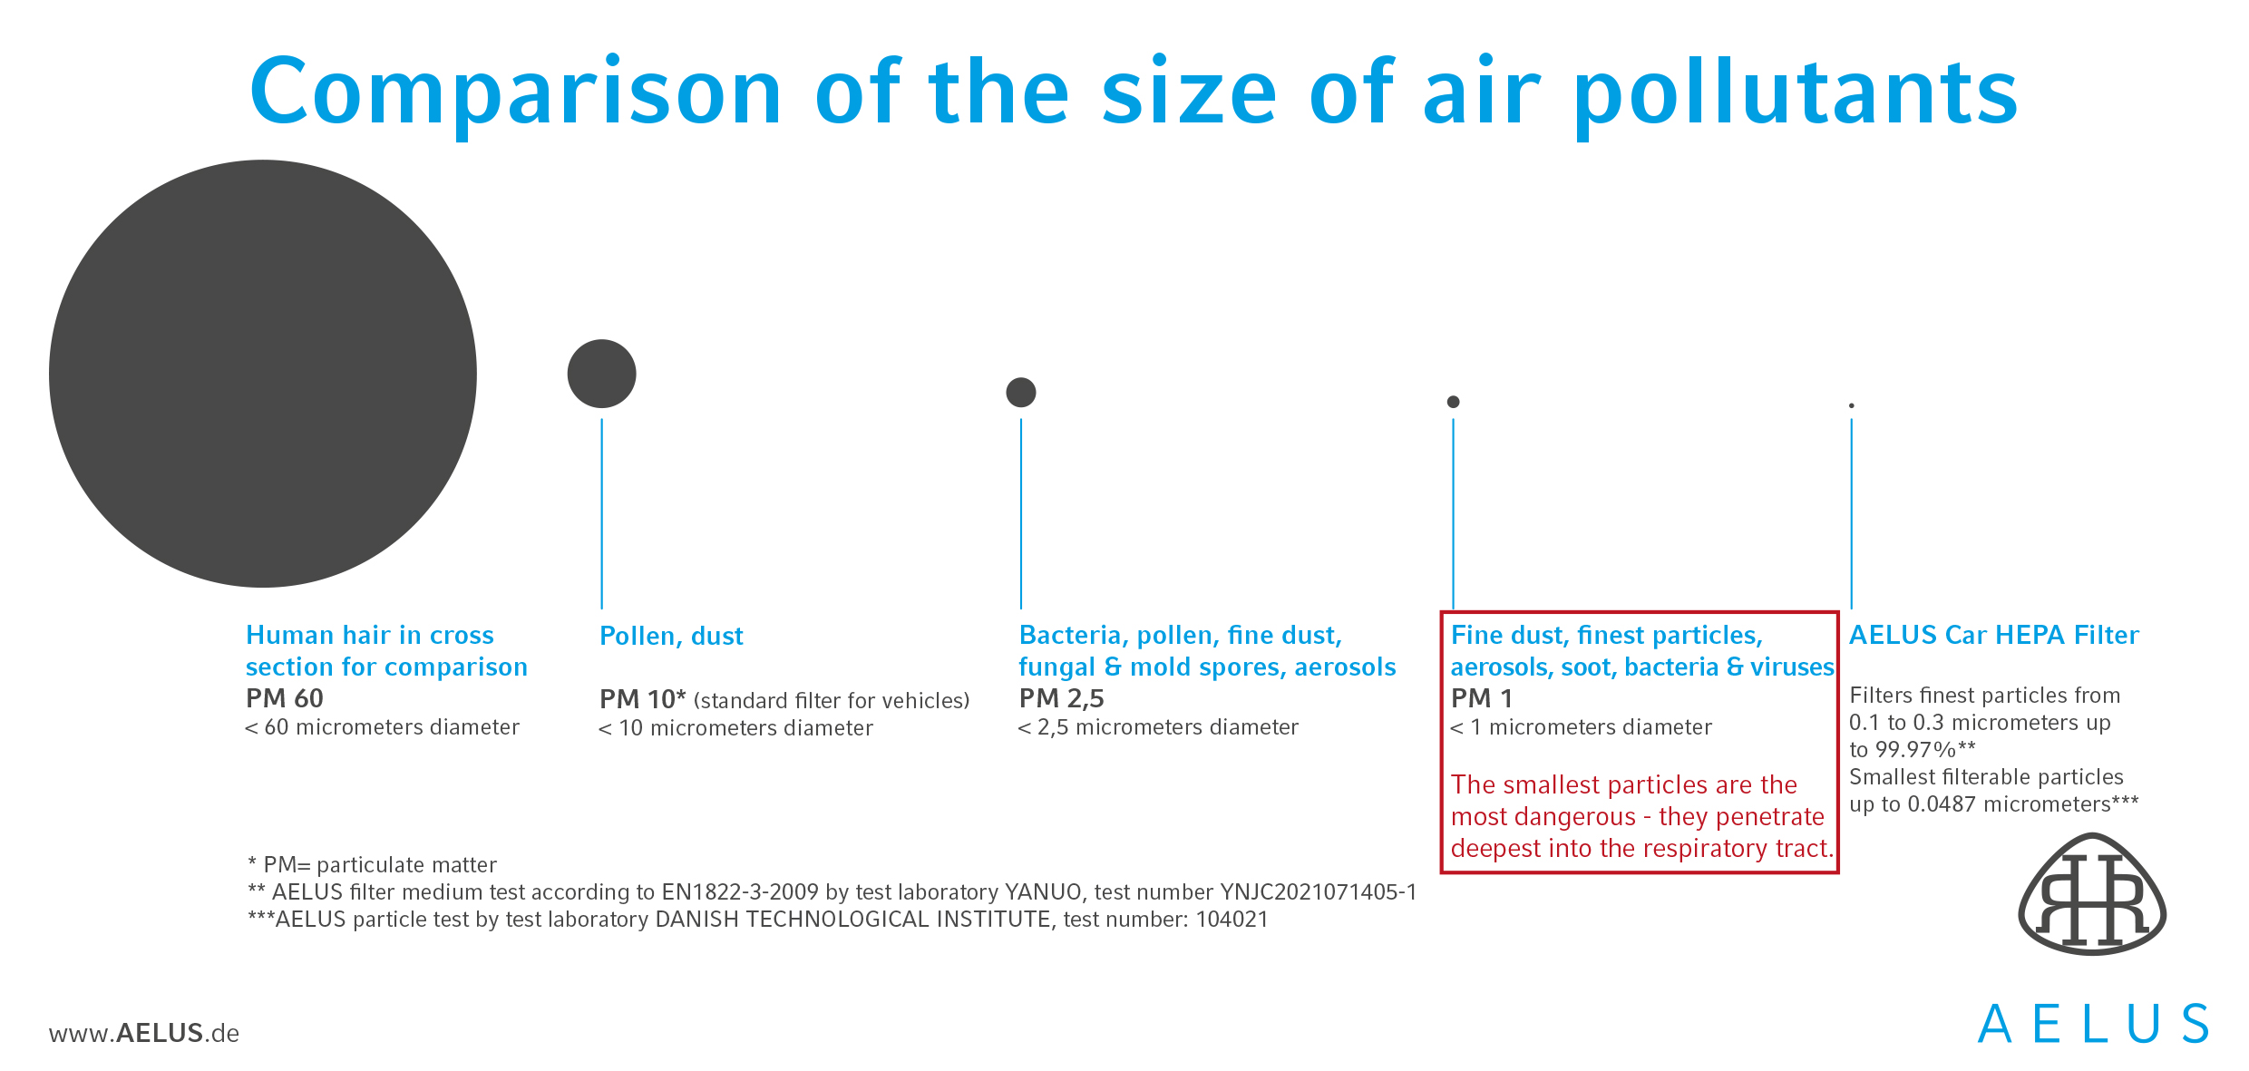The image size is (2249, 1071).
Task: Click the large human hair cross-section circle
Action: pos(263,374)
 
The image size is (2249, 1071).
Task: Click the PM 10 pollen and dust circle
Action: pos(601,374)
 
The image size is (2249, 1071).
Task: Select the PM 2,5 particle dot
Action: pos(1021,393)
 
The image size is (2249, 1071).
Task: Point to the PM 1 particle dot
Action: pos(1453,402)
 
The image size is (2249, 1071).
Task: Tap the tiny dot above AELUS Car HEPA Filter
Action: pos(1851,405)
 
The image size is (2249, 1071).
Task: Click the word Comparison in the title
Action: pos(516,92)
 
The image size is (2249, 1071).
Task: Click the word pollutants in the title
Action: pos(1796,92)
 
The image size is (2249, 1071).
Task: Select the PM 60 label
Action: pos(285,698)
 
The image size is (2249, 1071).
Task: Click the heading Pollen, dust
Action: pos(671,636)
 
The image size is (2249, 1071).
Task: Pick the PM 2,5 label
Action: pos(1062,698)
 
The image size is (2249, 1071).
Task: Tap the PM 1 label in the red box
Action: pos(1482,698)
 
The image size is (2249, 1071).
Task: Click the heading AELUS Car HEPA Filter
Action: pos(1994,635)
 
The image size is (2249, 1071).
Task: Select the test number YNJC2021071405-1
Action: pos(1319,892)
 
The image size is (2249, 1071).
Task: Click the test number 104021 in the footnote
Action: pos(1232,920)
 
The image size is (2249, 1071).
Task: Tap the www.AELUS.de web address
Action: pos(144,1033)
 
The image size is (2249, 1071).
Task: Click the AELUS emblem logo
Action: pos(2092,893)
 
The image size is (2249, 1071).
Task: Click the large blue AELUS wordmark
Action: pos(2093,1024)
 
